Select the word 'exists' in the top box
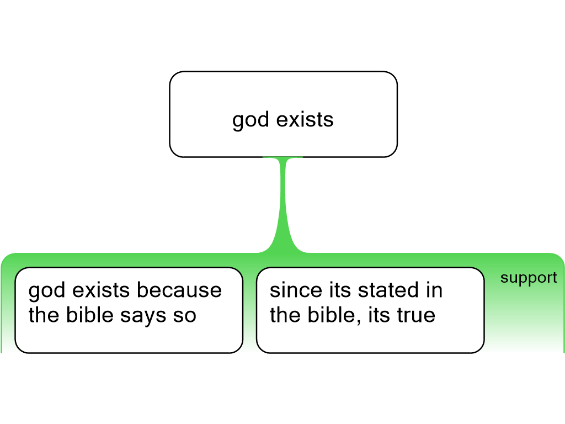(305, 119)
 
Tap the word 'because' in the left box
(179, 290)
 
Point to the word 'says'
(143, 316)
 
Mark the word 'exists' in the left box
(101, 290)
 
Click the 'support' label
(529, 278)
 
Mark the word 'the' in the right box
(285, 314)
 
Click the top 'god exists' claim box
(283, 114)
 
